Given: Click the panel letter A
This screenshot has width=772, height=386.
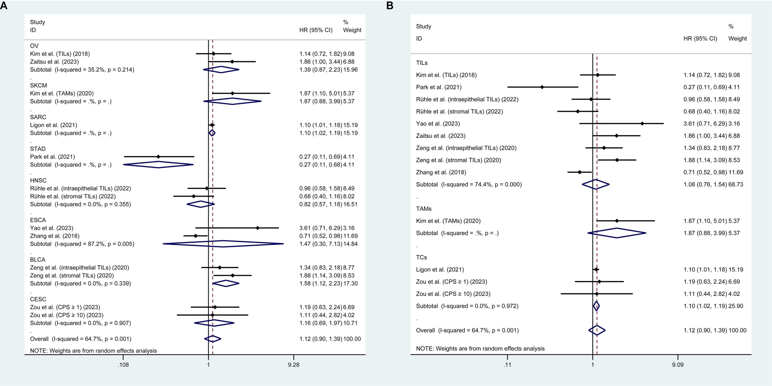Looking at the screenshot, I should point(4,5).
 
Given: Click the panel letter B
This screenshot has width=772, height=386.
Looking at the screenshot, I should point(390,5).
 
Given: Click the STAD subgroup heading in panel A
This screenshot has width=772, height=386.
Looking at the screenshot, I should point(38,149).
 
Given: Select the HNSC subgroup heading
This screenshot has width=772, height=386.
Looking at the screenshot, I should point(38,180).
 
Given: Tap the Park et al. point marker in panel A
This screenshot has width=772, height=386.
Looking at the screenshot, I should point(158,157).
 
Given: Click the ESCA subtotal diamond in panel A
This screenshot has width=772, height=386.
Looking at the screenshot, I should point(223,244).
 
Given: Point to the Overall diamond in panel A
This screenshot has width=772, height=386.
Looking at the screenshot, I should point(213,339).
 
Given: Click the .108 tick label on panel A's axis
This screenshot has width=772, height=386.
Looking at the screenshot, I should point(123,365).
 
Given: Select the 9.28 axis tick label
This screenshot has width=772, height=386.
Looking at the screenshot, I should point(293,365).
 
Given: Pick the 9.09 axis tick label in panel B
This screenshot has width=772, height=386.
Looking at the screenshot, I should point(678,365).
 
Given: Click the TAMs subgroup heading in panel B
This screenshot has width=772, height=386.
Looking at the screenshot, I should point(424,209).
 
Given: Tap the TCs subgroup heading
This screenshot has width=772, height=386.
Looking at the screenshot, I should point(421,257).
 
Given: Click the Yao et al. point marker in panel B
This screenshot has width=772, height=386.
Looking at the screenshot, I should point(642,123).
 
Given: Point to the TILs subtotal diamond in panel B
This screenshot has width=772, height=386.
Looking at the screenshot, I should point(596,184).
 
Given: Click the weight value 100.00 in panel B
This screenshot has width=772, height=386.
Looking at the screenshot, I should point(737,330).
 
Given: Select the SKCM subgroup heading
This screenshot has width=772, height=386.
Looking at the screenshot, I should point(38,85).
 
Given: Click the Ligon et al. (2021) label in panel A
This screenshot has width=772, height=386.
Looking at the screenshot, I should point(54,125).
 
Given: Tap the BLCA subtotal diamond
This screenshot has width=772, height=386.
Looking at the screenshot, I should point(226,283).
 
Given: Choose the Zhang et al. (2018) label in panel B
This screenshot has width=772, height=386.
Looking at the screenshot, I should point(441,172).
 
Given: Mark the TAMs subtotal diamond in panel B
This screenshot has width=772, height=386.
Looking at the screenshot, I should point(617,233).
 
